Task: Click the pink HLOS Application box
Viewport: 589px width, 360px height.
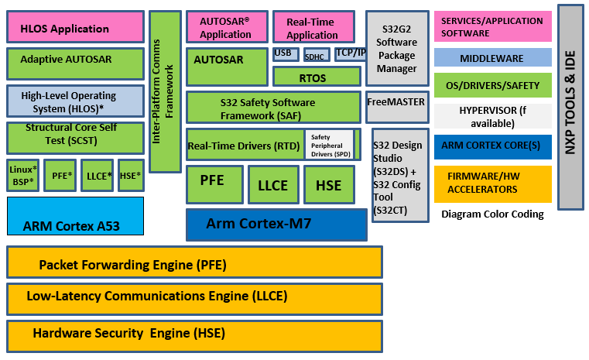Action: (75, 28)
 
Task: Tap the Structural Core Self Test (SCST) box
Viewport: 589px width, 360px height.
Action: (75, 137)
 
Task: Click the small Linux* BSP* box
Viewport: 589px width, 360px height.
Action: (23, 175)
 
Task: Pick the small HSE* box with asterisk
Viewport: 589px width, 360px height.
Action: (131, 176)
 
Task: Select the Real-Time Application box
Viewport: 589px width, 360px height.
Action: (312, 28)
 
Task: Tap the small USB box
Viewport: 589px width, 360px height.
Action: (283, 54)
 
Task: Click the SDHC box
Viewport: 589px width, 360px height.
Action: (315, 57)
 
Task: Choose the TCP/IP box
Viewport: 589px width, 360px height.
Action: (351, 54)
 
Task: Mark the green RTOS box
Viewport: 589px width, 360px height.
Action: (312, 77)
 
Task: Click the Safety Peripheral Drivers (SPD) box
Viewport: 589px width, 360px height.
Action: (330, 144)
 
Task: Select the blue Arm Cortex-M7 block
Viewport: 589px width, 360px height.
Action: (276, 225)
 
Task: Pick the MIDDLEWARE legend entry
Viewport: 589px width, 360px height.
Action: (492, 57)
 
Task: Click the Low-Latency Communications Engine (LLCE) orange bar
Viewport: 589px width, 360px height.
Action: (194, 297)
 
